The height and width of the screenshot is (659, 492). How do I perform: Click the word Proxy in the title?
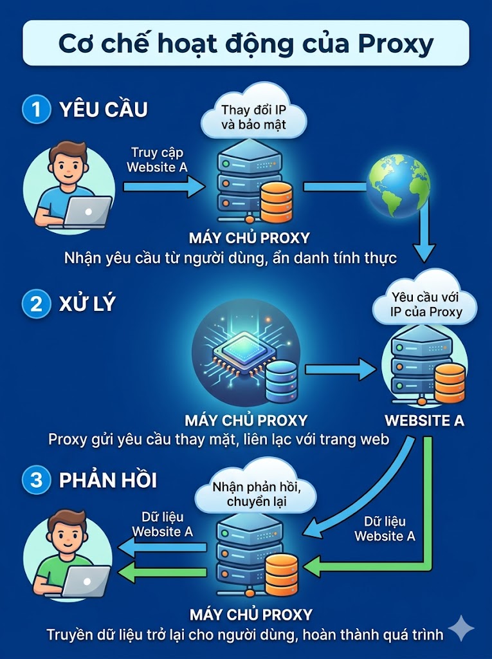tap(396, 44)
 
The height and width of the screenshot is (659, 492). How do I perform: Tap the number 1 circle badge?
tap(36, 109)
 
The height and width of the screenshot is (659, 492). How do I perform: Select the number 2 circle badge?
tap(36, 304)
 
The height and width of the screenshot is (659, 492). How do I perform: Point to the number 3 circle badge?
tap(36, 480)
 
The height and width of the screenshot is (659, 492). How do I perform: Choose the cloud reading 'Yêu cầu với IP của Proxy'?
tap(425, 299)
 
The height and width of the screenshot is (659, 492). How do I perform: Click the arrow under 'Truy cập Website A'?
tap(164, 187)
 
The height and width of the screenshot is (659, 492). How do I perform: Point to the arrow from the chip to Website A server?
tap(341, 369)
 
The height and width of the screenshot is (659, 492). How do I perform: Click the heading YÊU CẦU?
tap(104, 109)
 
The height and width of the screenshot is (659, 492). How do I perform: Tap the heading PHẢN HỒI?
tap(108, 480)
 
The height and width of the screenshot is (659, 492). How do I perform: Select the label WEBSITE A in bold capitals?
tap(424, 420)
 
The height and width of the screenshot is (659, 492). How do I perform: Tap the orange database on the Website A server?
tap(450, 382)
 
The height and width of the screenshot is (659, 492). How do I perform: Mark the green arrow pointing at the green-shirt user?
tap(162, 572)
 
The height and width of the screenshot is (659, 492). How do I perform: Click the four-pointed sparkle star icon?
tap(461, 628)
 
